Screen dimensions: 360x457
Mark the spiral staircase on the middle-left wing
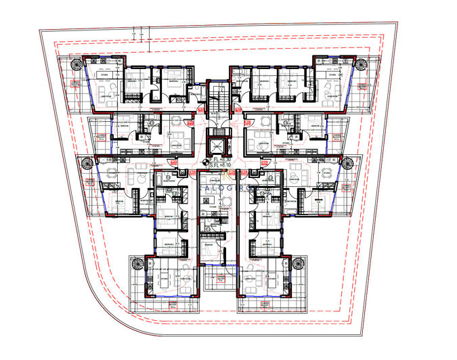[x=87, y=163]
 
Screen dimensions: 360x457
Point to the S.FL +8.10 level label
[x=219, y=164]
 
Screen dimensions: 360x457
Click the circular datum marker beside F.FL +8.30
[x=205, y=161]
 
